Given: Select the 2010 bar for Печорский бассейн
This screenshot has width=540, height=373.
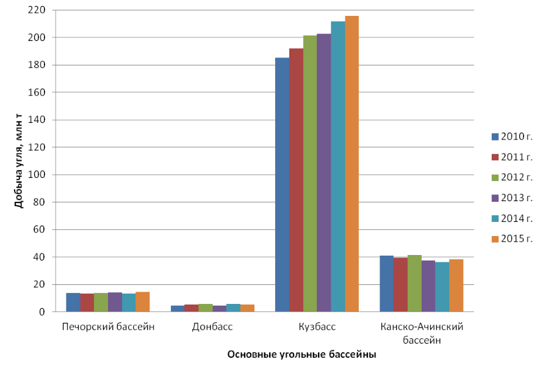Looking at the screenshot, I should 73,303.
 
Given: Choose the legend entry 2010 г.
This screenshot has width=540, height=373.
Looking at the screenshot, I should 511,136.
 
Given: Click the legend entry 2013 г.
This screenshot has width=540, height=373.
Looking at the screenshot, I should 511,198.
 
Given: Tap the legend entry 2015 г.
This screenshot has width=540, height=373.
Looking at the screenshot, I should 511,238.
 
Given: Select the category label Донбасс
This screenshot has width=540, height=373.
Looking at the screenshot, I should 212,327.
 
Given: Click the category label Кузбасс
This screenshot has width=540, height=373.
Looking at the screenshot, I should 317,327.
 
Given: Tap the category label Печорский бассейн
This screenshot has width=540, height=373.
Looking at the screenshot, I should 108,327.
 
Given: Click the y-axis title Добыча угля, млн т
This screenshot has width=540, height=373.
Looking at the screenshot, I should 19,161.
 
